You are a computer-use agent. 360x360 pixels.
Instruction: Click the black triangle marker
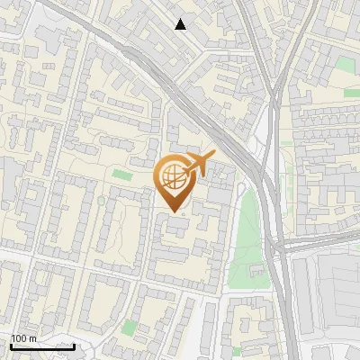181,24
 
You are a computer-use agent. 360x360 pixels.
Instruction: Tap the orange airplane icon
199,165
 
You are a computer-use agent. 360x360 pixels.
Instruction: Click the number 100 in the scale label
18,338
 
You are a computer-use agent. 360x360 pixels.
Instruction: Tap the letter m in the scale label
31,338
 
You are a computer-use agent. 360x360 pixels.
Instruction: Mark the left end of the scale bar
11,346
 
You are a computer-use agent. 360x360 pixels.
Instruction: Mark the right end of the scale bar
74,346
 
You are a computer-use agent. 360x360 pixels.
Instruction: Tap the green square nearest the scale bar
131,327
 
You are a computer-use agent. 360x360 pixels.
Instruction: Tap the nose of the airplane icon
214,155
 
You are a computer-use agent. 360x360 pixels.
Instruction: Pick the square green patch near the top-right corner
346,65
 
